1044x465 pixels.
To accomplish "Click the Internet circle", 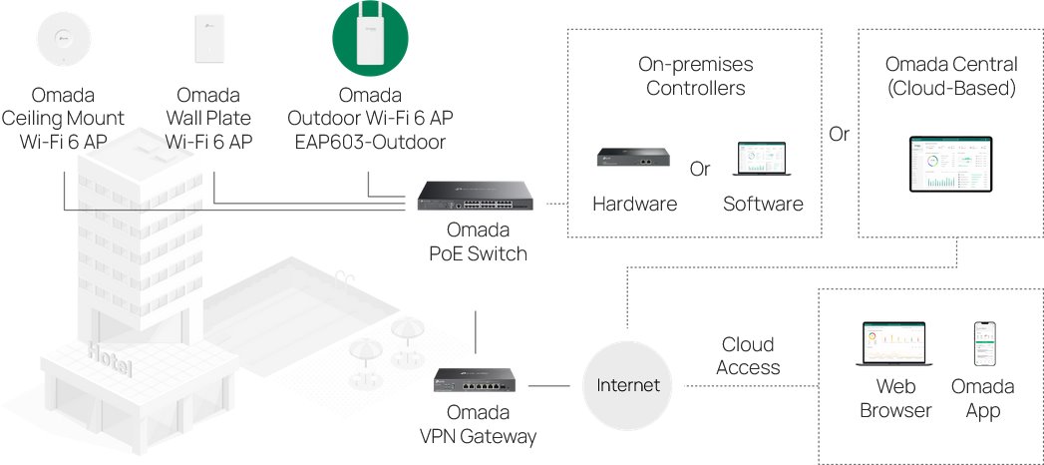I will tap(627, 385).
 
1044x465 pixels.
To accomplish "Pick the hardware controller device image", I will tap(633, 158).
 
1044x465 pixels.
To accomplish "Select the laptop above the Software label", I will tap(763, 160).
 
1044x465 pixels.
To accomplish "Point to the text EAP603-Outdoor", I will tap(370, 142).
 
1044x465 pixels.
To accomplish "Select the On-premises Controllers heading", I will tap(695, 76).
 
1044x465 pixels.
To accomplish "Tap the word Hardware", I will tap(634, 205).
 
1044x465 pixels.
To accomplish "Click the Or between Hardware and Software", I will tap(700, 169).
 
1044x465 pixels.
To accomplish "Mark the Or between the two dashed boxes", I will tap(839, 134).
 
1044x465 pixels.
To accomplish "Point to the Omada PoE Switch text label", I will tap(478, 243).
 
